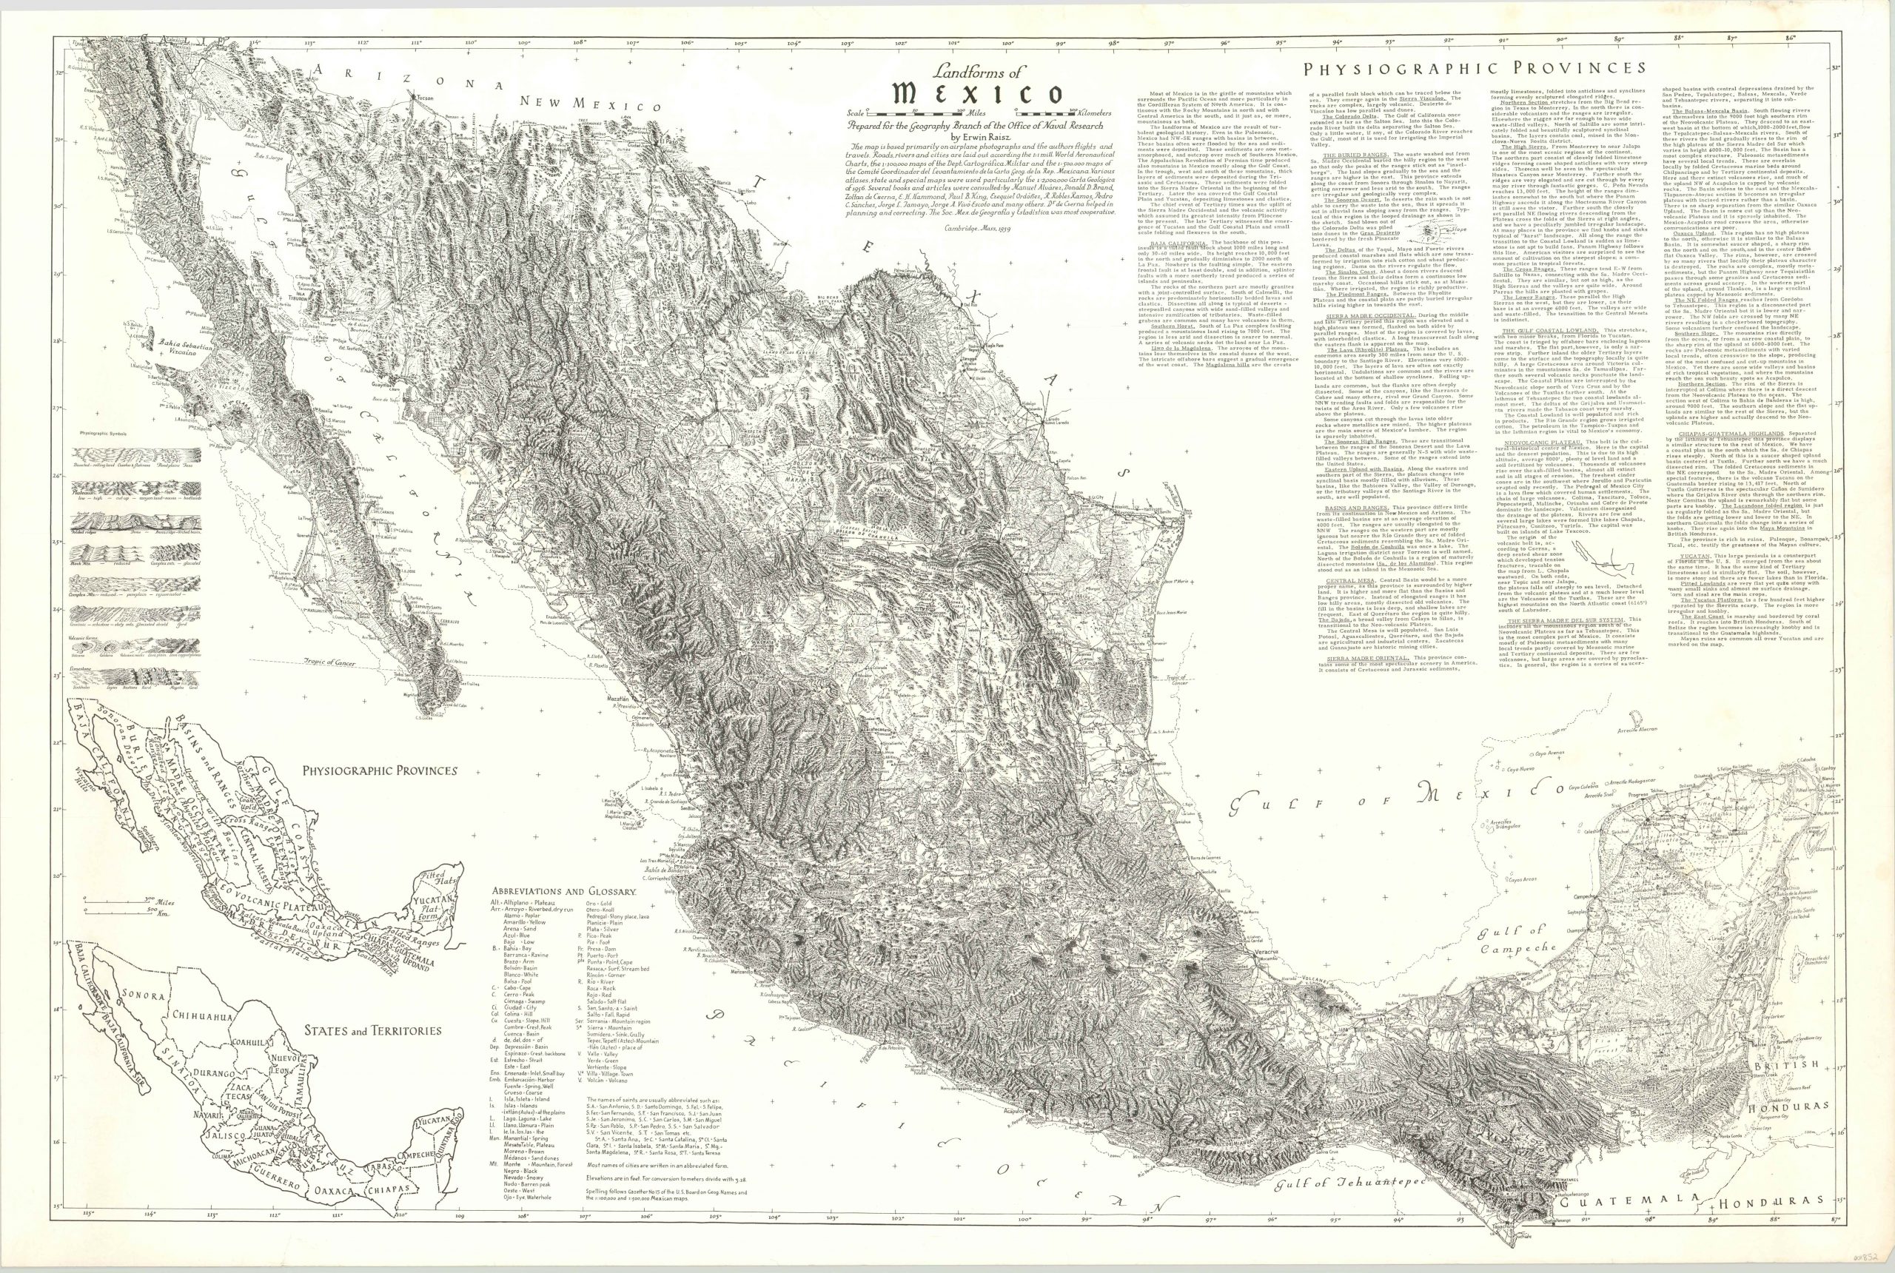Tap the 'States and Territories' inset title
pos(372,1030)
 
